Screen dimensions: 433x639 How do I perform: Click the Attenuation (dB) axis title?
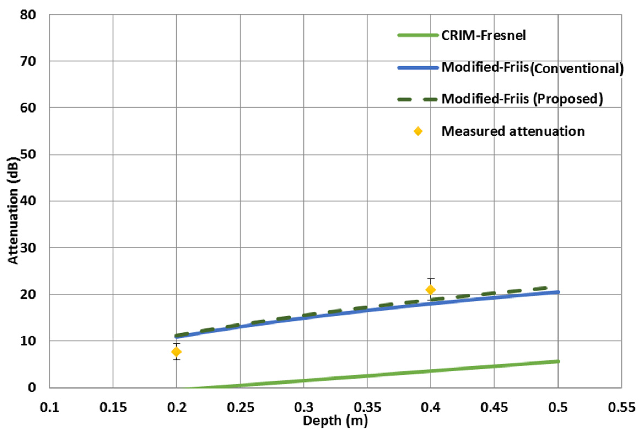[x=13, y=210]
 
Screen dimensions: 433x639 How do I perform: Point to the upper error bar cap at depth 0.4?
[x=431, y=279]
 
